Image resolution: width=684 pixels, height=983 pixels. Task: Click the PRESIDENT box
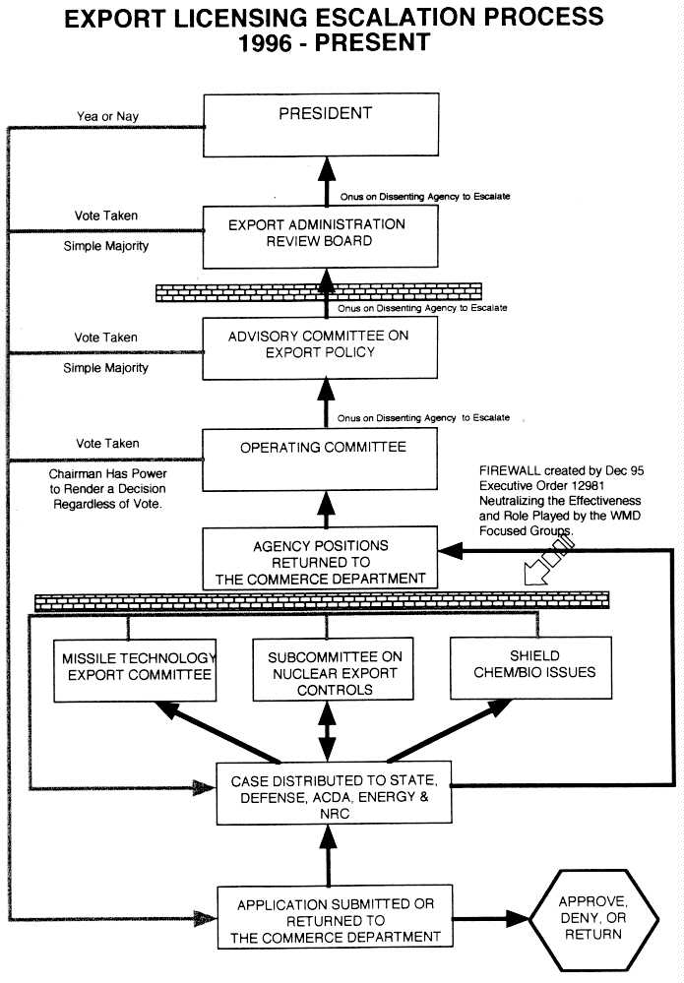(320, 125)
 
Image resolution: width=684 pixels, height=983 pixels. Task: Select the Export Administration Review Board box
(320, 235)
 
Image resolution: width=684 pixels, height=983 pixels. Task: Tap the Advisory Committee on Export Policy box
(320, 346)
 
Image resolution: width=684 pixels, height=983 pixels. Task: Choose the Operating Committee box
(320, 457)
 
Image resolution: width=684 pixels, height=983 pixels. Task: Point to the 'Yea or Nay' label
(108, 116)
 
